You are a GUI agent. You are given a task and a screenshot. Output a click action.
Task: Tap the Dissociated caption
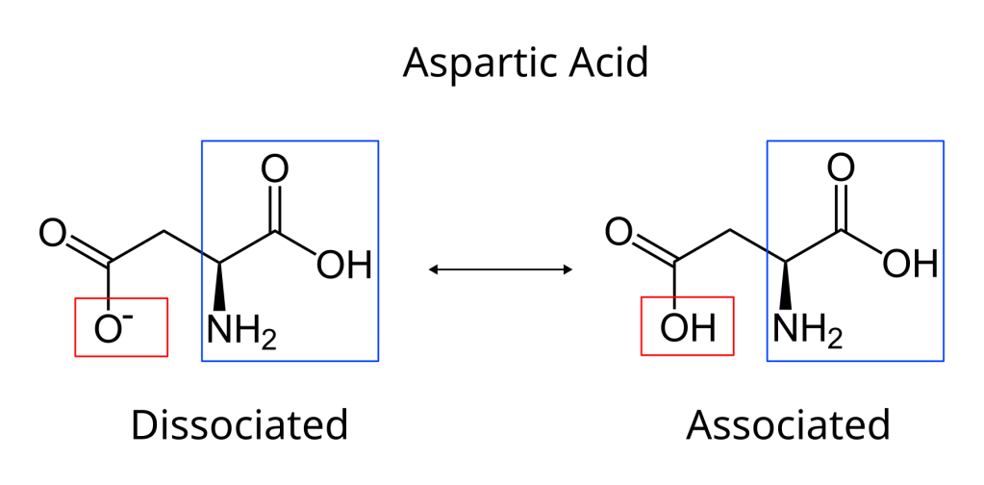pos(239,424)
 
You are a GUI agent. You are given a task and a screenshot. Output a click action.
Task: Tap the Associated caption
pos(789,424)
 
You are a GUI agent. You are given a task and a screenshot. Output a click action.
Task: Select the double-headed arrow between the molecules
pos(500,270)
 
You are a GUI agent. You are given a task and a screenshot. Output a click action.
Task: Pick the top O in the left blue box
pos(276,170)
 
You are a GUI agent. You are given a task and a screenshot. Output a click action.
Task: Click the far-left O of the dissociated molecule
pos(52,232)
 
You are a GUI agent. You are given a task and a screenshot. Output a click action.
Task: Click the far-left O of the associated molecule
pos(618,232)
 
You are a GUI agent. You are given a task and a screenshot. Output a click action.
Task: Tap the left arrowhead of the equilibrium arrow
pos(434,270)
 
